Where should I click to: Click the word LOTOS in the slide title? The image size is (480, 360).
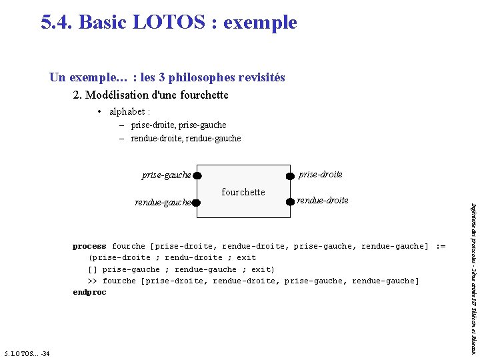pos(173,22)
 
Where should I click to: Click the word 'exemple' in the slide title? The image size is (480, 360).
pos(260,22)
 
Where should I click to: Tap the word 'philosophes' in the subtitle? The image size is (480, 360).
pos(199,77)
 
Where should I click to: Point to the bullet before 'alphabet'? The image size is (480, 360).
pos(99,111)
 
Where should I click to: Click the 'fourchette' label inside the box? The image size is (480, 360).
pos(243,192)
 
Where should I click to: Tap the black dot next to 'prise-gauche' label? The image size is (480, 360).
pos(198,176)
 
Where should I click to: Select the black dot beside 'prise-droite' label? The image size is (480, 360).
pos(290,176)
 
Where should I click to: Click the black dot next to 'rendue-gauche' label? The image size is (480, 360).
pos(197,202)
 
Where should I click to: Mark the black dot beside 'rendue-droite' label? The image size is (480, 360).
pos(290,201)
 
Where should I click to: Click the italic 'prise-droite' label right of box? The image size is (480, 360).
pos(321,174)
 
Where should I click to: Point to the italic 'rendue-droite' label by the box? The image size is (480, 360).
pos(322,200)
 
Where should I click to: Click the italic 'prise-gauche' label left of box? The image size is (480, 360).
pos(167,175)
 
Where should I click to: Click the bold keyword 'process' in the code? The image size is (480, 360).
pos(89,247)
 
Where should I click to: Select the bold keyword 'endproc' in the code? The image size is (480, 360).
pos(89,293)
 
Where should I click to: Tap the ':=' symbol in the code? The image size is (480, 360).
pos(441,247)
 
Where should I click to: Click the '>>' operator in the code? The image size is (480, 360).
pos(93,281)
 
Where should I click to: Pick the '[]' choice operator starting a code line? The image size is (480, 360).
pos(93,270)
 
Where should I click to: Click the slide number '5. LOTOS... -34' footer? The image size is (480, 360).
pos(26,353)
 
